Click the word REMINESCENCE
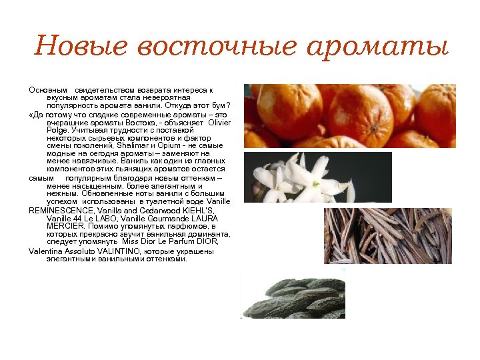(x=61, y=210)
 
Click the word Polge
(x=57, y=131)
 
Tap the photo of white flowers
(x=317, y=178)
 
